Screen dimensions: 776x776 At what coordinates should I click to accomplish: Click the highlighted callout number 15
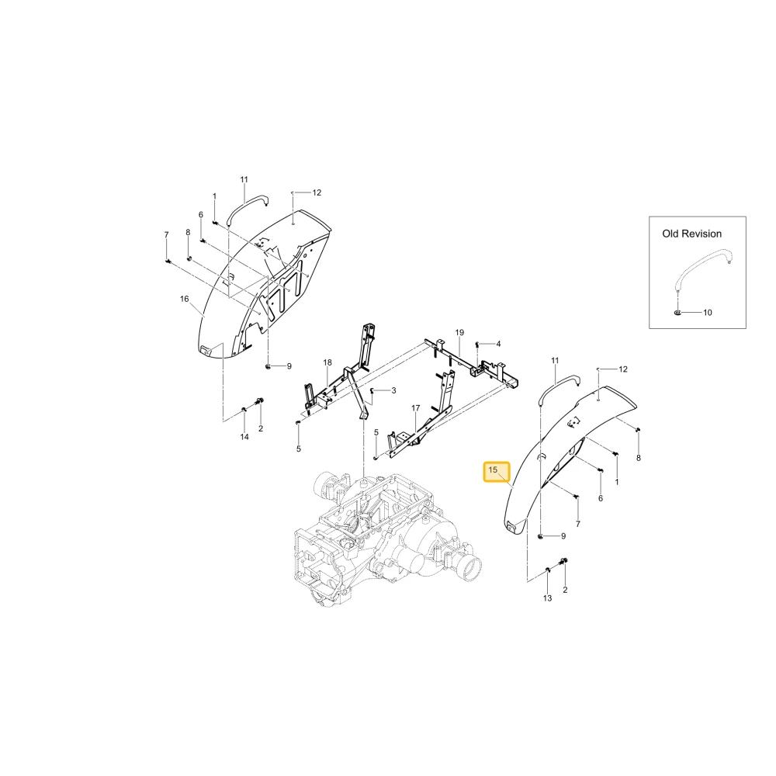pos(493,469)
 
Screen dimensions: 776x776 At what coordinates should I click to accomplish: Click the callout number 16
pos(184,299)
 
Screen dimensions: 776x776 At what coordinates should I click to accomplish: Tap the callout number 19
pos(459,332)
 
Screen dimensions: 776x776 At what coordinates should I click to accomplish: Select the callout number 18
pos(327,362)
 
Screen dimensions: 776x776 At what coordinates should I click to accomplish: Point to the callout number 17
pos(416,408)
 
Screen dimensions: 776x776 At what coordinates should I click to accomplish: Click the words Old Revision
pos(692,234)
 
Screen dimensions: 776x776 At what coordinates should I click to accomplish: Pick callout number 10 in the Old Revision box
pos(707,312)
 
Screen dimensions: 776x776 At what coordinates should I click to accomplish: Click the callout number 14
pos(244,437)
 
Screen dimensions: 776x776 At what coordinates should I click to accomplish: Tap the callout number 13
pos(547,598)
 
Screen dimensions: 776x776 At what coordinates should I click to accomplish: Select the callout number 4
pos(498,344)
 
